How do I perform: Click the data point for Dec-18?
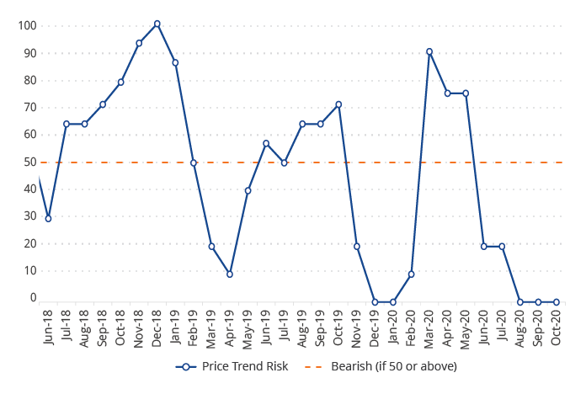coord(157,24)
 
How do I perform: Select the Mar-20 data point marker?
coord(429,51)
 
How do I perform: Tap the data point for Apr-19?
coord(230,274)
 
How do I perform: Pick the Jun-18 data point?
coord(48,219)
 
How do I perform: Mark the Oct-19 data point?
coord(338,105)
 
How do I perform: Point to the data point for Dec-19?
coord(375,302)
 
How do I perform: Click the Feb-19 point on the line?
coord(194,163)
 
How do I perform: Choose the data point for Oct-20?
coord(557,302)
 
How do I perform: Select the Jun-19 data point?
coord(266,143)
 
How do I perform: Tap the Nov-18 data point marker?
coord(139,43)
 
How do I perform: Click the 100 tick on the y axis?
coord(27,25)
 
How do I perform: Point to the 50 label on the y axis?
coord(30,162)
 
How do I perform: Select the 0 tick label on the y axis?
coord(34,298)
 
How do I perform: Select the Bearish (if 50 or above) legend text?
coord(394,366)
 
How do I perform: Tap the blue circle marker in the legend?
coord(186,366)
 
